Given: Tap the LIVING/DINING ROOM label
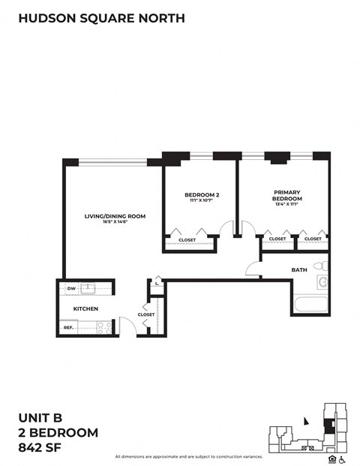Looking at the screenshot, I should coord(114,215).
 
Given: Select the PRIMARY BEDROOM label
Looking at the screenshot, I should coord(286,195).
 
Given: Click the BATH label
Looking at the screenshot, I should coord(299,269).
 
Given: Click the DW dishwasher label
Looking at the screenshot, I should coord(70,288).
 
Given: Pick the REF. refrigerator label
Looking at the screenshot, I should coord(68,327).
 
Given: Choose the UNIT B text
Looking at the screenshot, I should coord(41,416).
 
